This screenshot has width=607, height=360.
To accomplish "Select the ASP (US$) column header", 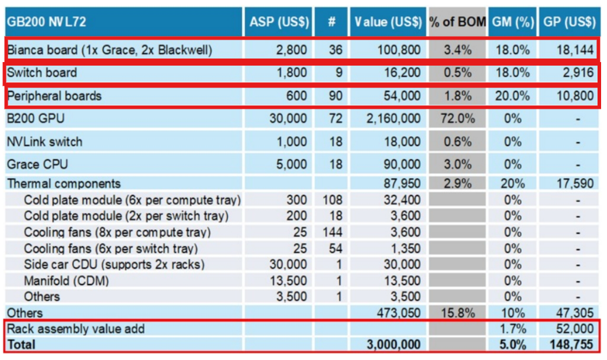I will tap(279, 22).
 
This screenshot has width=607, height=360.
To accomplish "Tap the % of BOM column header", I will tap(457, 22).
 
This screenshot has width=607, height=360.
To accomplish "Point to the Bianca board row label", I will tap(109, 50).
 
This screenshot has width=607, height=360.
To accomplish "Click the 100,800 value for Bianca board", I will tap(399, 50).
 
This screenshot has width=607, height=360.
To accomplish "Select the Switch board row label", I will tap(42, 73).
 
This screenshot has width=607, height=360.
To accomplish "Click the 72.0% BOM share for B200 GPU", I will tap(457, 118).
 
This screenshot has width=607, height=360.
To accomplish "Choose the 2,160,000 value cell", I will tap(393, 118).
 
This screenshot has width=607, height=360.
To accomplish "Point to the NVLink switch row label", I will tap(45, 142).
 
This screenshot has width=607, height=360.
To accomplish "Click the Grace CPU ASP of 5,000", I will tap(291, 164).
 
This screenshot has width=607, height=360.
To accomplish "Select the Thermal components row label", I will tap(64, 183).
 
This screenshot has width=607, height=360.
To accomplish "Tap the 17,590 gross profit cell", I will tap(574, 183).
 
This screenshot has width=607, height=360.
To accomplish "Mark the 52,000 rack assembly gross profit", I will tap(574, 329).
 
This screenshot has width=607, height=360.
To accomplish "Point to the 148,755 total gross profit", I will tap(572, 344).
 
